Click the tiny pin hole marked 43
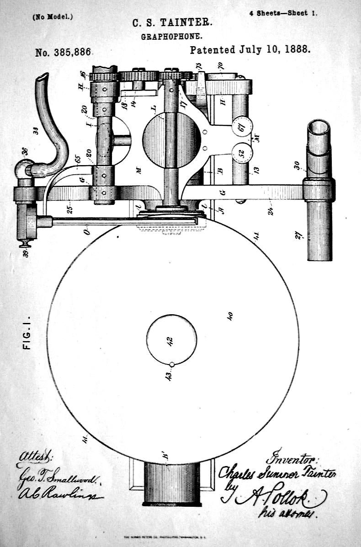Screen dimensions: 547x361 tap(171, 365)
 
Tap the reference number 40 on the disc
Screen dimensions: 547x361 tap(230, 316)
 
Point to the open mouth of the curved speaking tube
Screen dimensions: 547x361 tap(42, 77)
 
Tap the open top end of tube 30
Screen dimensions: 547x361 tap(319, 127)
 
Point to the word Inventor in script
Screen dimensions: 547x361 tap(292, 458)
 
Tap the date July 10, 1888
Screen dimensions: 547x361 tap(250, 50)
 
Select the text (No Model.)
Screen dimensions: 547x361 tap(53, 17)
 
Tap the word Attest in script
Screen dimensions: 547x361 tap(35, 457)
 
